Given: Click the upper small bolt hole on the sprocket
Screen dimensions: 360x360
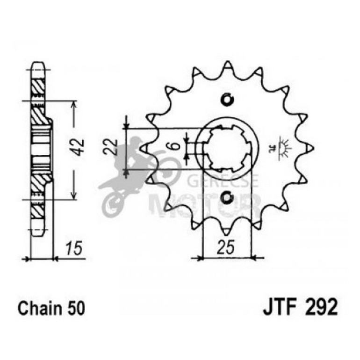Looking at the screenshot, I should [228, 100].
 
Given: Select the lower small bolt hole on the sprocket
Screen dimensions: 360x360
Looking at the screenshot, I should [228, 198].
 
